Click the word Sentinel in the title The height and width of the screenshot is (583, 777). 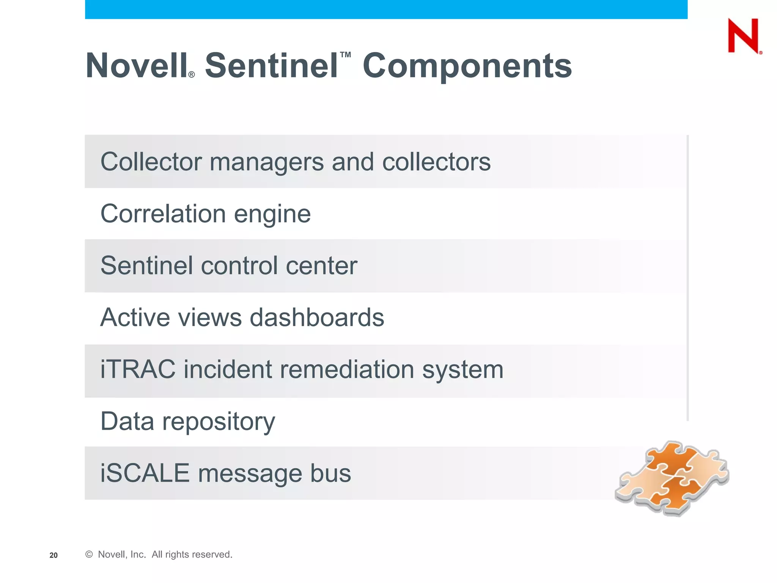(x=271, y=66)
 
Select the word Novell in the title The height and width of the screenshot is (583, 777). (x=137, y=66)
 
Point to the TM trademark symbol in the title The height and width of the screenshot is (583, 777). (x=345, y=55)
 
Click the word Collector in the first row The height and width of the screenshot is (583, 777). (x=151, y=162)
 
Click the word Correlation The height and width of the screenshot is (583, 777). (x=163, y=213)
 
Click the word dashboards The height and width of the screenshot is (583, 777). (x=317, y=317)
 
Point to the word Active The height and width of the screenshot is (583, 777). (x=135, y=317)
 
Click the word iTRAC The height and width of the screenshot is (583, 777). (x=138, y=369)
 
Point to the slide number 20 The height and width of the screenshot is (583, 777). (x=53, y=555)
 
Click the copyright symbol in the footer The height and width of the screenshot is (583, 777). (x=89, y=554)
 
